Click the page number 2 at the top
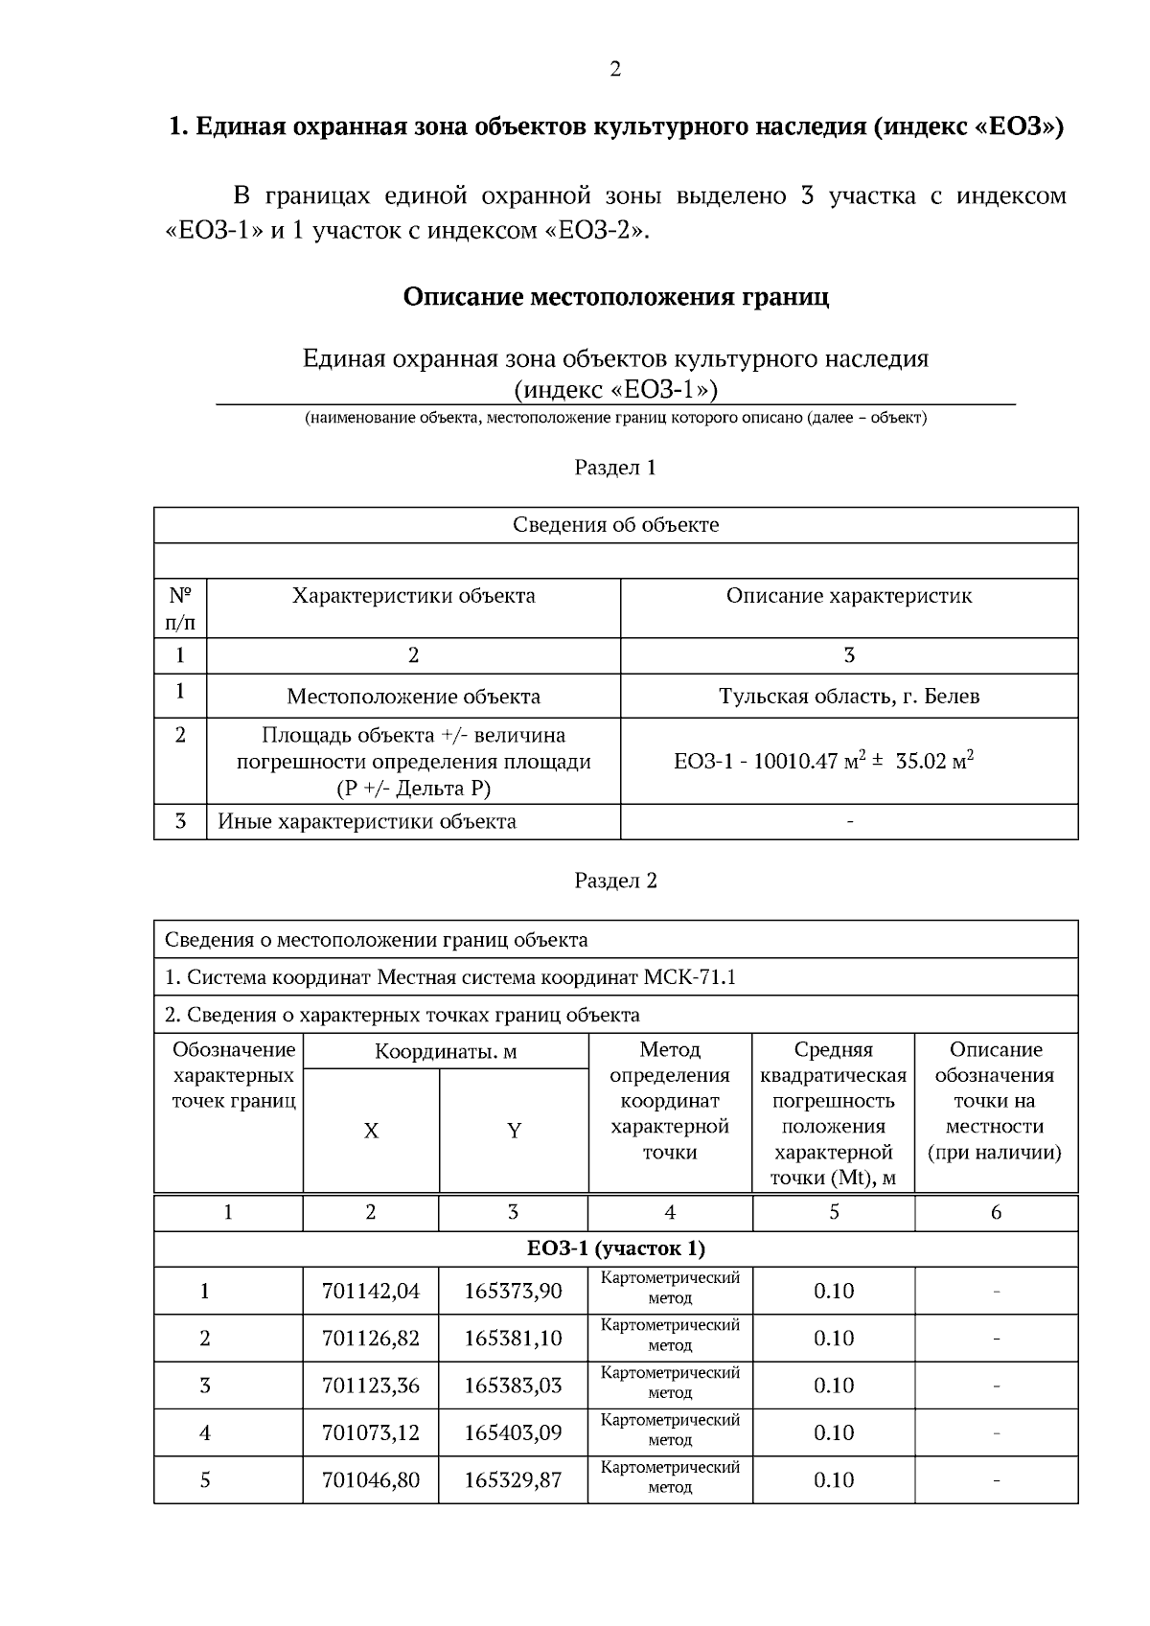click(x=614, y=69)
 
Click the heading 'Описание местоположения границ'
click(x=615, y=296)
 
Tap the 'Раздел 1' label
click(x=615, y=468)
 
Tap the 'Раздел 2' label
click(x=615, y=881)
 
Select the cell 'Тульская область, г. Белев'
click(x=849, y=697)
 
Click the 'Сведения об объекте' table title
click(x=615, y=525)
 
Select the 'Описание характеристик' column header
click(x=849, y=596)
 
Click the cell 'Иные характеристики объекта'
click(x=367, y=822)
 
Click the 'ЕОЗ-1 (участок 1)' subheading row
click(x=615, y=1248)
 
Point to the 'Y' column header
click(x=514, y=1131)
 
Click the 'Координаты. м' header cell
click(x=446, y=1052)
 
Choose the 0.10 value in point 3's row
click(x=834, y=1386)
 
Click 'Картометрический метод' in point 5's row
click(x=670, y=1477)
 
